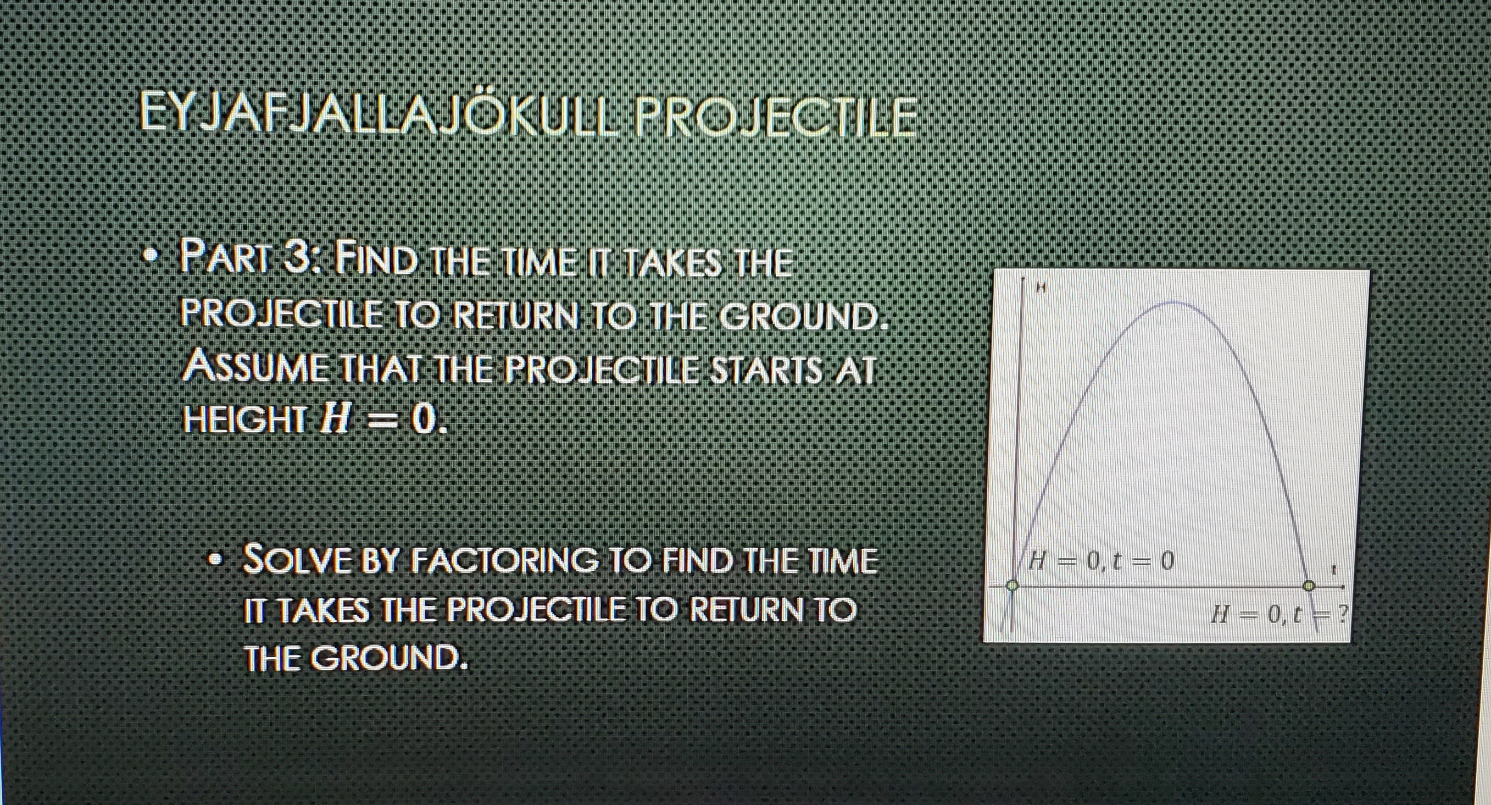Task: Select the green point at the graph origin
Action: pyautogui.click(x=1012, y=586)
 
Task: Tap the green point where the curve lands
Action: pyautogui.click(x=1309, y=586)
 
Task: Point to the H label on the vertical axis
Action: pyautogui.click(x=1040, y=286)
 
